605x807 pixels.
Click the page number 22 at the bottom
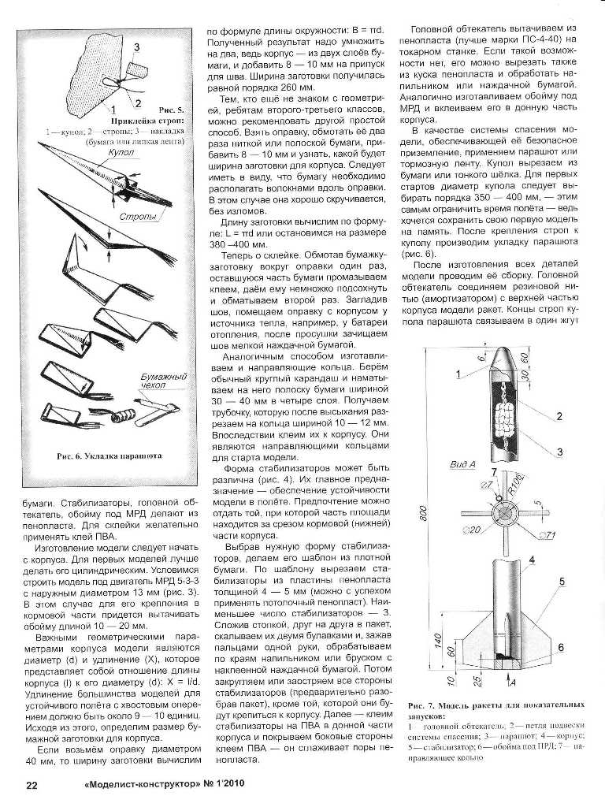[x=32, y=784]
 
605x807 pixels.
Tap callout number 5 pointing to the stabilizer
[x=562, y=582]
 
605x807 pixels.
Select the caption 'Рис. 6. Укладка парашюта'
[x=109, y=456]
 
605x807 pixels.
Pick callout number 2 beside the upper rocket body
[x=558, y=416]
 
